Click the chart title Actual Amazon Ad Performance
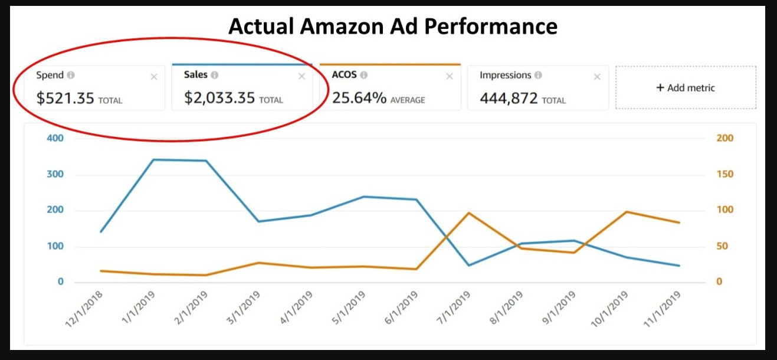pyautogui.click(x=392, y=27)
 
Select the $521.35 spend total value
pyautogui.click(x=65, y=98)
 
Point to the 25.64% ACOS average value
pyautogui.click(x=359, y=98)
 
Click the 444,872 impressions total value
pyautogui.click(x=509, y=98)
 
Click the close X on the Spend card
pyautogui.click(x=154, y=76)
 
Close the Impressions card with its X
pyautogui.click(x=597, y=76)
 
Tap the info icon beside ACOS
pyautogui.click(x=364, y=76)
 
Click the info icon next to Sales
pyautogui.click(x=215, y=76)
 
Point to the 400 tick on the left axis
pyautogui.click(x=56, y=138)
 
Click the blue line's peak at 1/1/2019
pyautogui.click(x=153, y=159)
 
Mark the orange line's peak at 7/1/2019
pyautogui.click(x=469, y=213)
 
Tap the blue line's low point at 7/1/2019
pyautogui.click(x=469, y=265)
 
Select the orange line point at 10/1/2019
pyautogui.click(x=627, y=212)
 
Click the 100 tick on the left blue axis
pyautogui.click(x=56, y=246)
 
